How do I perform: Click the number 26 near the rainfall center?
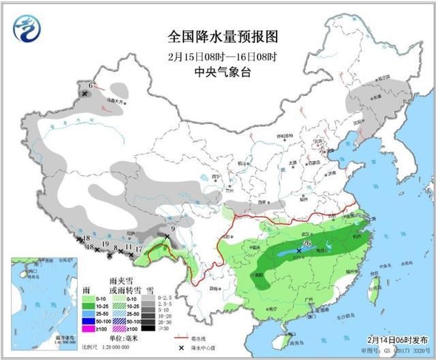coord(307,244)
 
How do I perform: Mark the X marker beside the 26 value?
coord(299,250)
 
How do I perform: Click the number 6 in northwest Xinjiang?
coord(91,86)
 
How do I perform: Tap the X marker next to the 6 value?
coord(84,93)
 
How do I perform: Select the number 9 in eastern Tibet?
coord(173,229)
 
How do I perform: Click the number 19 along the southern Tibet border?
coord(105,244)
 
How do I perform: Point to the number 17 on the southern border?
coord(138,249)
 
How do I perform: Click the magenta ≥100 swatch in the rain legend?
coord(87,329)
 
